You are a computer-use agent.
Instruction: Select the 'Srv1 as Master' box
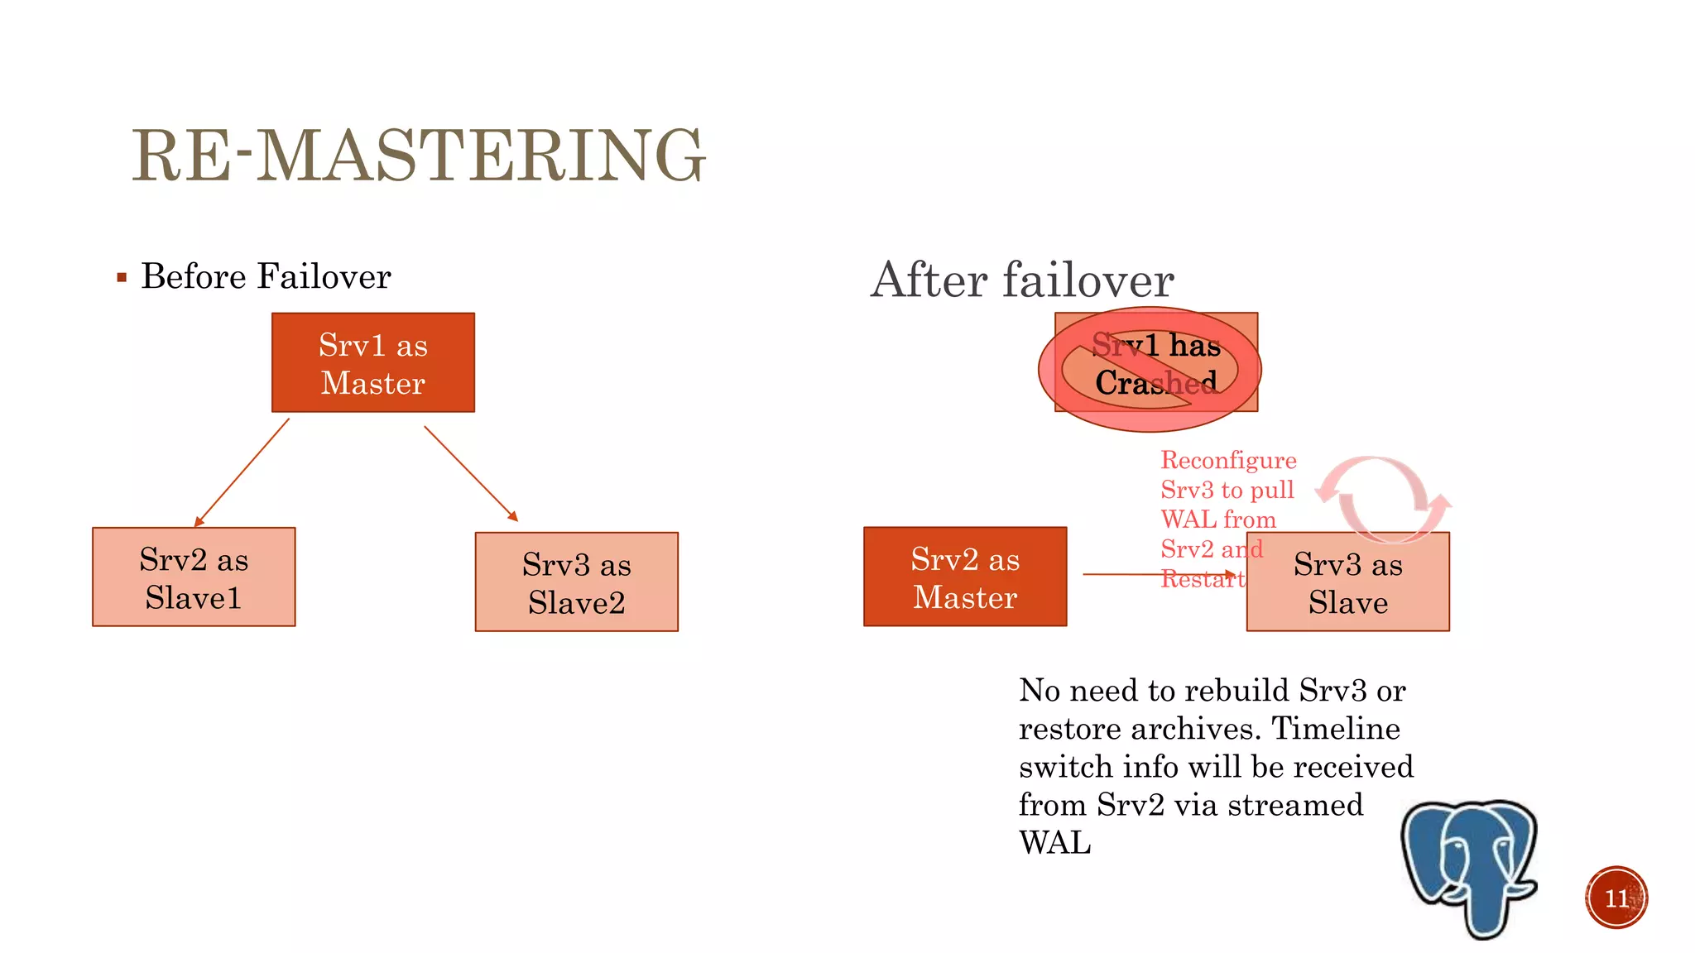pos(373,362)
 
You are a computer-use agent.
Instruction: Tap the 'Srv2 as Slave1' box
pos(194,577)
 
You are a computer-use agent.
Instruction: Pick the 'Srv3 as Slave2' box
pos(576,582)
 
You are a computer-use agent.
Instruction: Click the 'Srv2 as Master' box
pos(965,577)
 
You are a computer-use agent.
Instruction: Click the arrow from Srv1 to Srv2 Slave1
pos(242,472)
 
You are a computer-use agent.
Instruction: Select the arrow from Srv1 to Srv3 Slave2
pos(470,473)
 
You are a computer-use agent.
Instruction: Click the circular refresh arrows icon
pos(1383,499)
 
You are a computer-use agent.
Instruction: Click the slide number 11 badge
pos(1616,898)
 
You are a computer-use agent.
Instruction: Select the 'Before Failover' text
pos(266,276)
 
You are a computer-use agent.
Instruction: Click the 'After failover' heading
pos(1022,280)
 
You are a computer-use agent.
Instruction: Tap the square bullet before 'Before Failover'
pos(122,278)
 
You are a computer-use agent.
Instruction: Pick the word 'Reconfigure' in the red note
pos(1228,460)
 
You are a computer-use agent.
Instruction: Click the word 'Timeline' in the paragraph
pos(1336,729)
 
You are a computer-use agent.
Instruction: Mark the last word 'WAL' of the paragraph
pos(1054,843)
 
